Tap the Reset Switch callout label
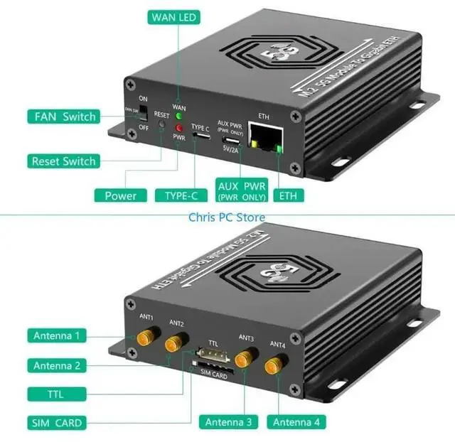63,161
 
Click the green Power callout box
120,195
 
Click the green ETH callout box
288,195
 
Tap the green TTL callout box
57,394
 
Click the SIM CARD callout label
57,423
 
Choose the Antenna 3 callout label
228,422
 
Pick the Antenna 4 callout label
296,422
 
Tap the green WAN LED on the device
179,116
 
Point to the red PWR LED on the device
179,128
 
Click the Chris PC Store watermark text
227,217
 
